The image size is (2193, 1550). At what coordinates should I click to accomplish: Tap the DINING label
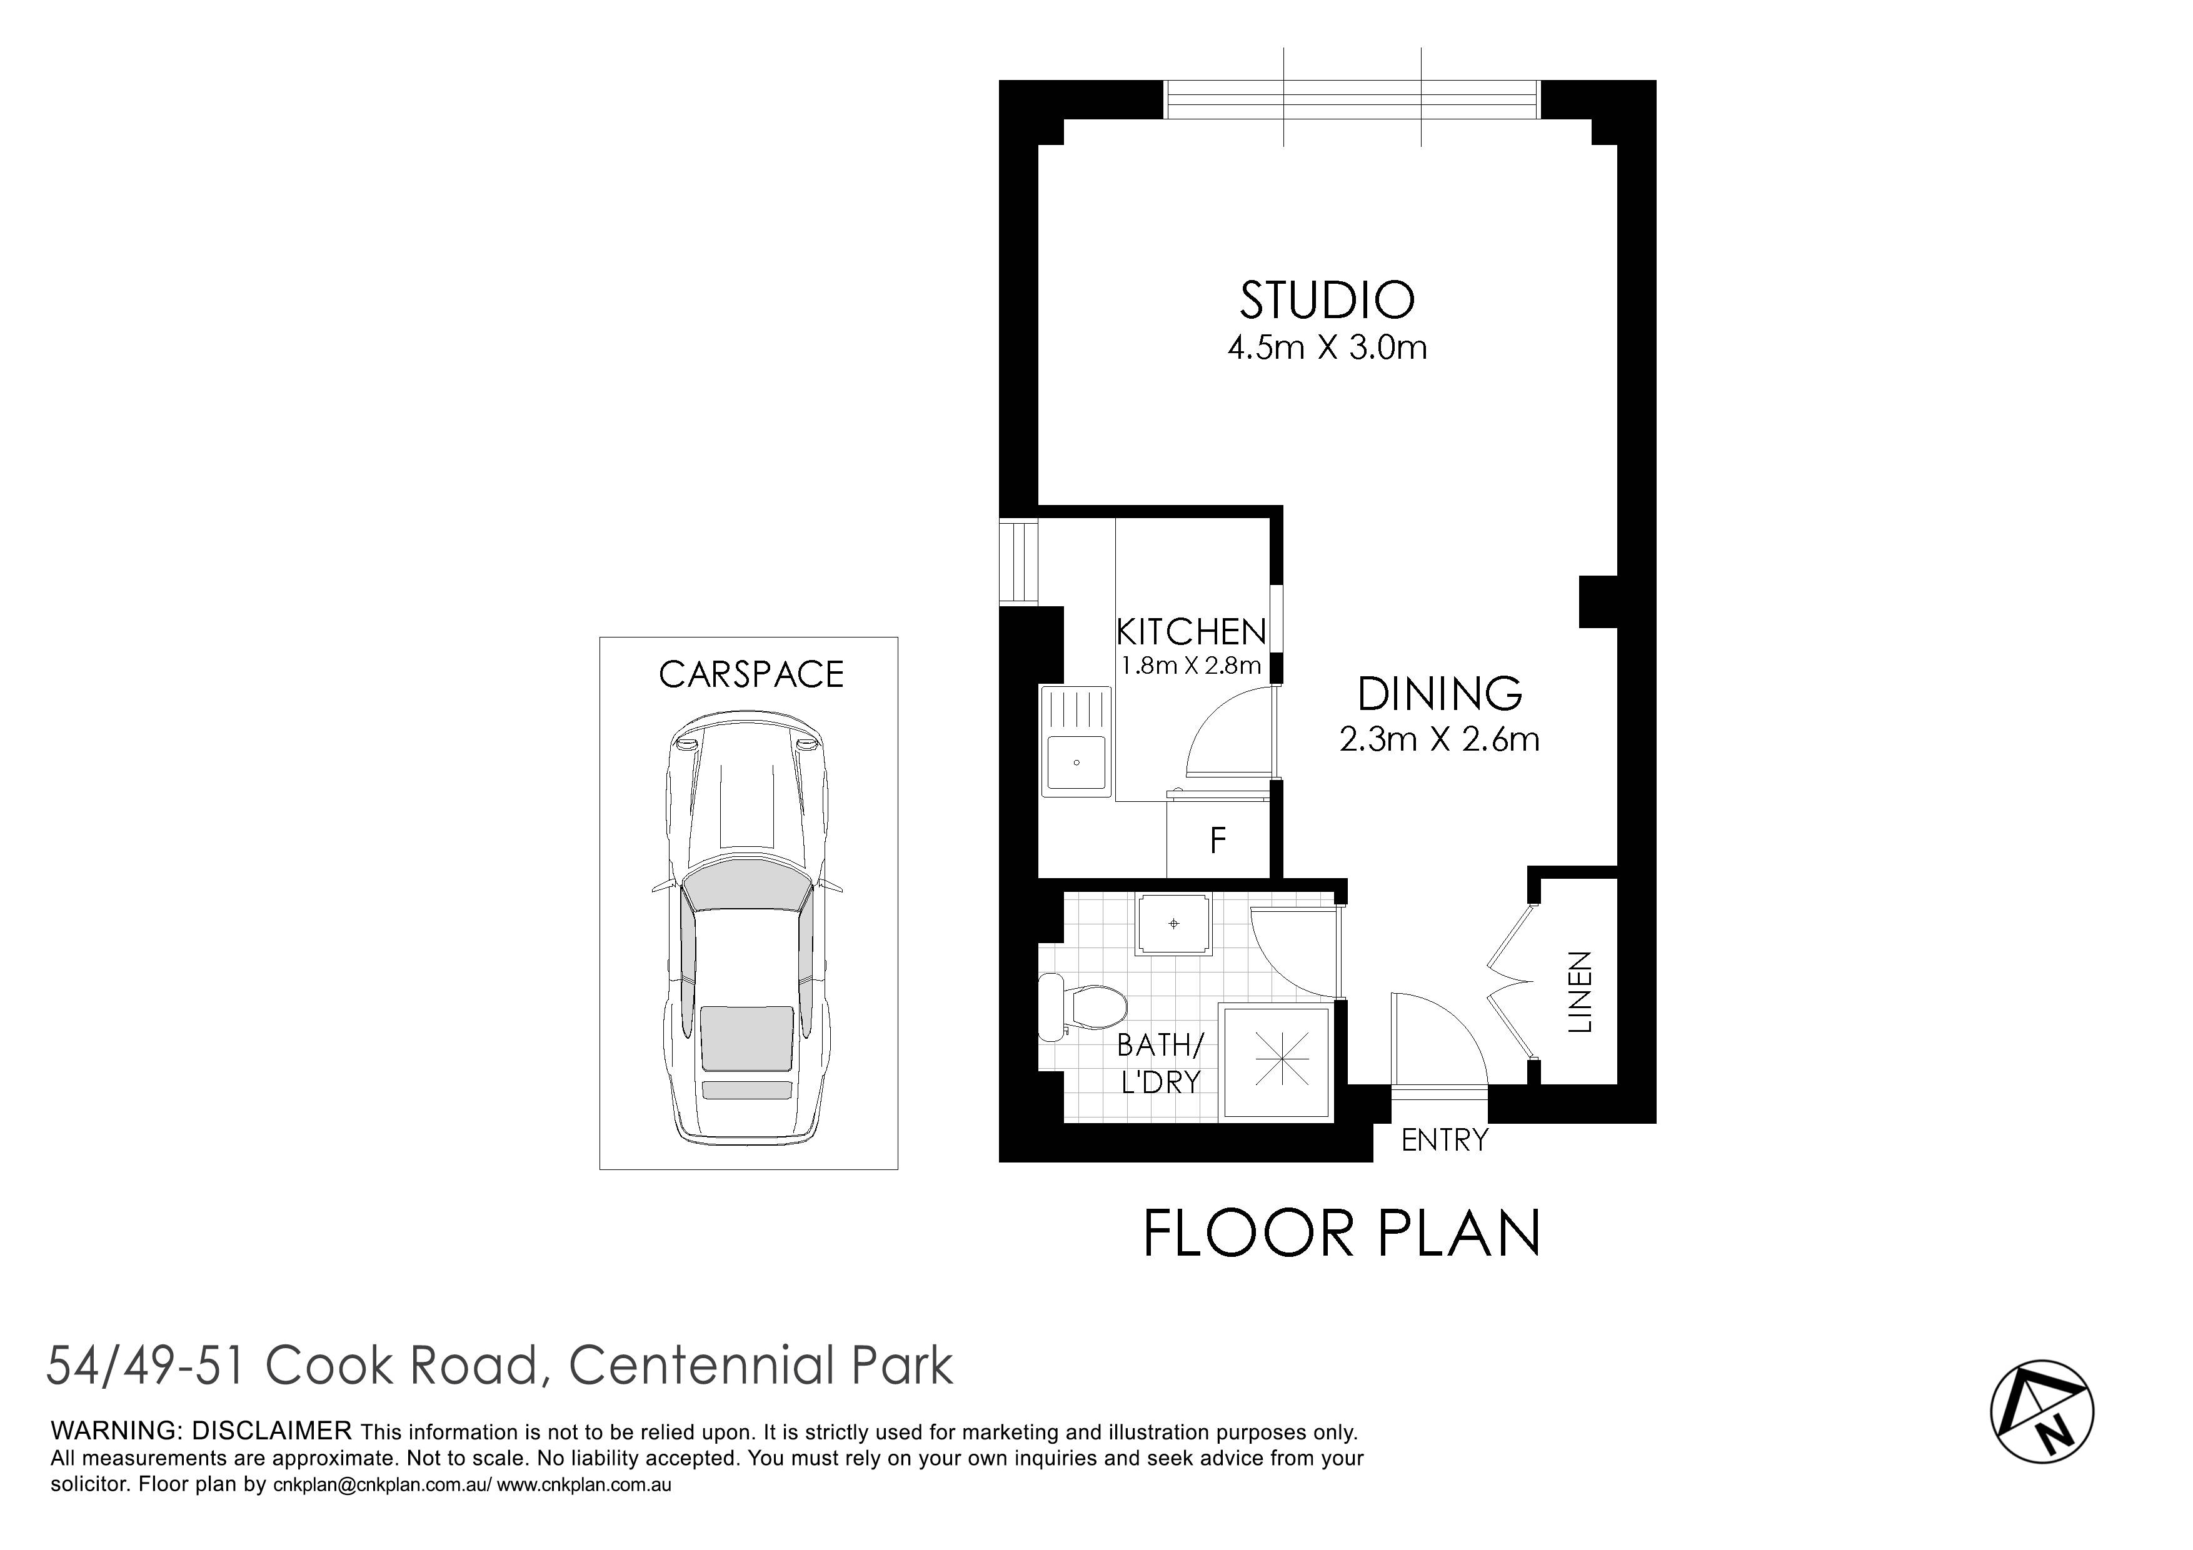(x=1440, y=694)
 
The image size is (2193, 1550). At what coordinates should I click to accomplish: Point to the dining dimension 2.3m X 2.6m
(x=1440, y=740)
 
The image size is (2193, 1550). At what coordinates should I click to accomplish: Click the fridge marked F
(x=1218, y=841)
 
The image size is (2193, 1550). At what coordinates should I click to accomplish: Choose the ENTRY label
(x=1444, y=1139)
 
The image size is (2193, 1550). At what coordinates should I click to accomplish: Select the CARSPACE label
(x=751, y=674)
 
